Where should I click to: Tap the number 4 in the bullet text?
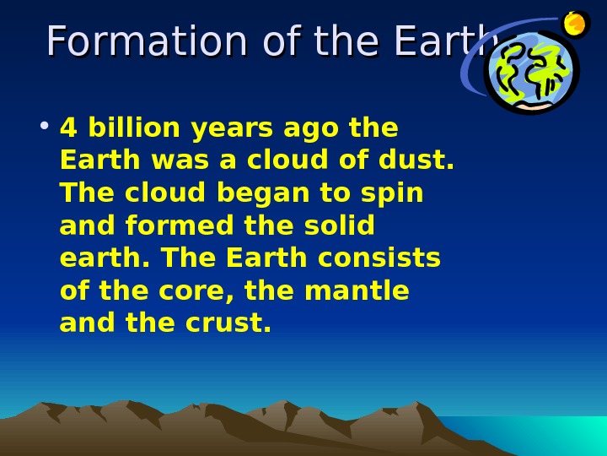click(x=68, y=128)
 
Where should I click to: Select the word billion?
click(x=135, y=128)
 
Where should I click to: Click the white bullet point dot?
click(x=44, y=128)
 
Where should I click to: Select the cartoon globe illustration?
click(x=531, y=73)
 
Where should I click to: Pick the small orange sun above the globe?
click(x=575, y=24)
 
